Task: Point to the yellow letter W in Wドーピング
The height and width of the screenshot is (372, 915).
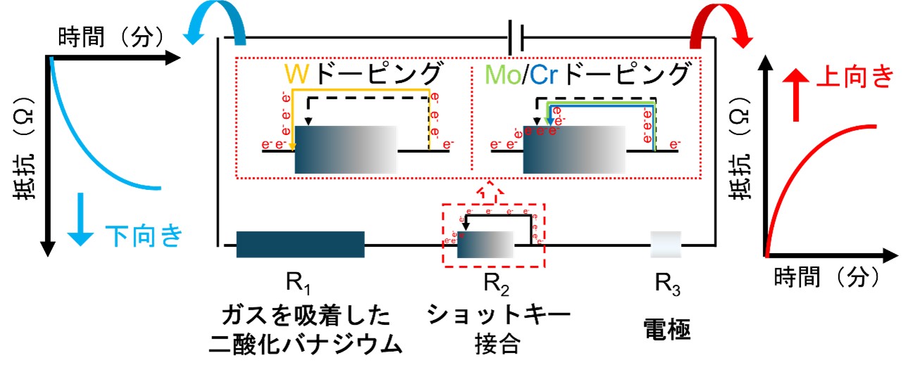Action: click(x=296, y=75)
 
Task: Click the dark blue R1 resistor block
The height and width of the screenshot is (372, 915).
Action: click(x=300, y=244)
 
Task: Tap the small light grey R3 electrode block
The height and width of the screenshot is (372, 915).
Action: click(x=664, y=244)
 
